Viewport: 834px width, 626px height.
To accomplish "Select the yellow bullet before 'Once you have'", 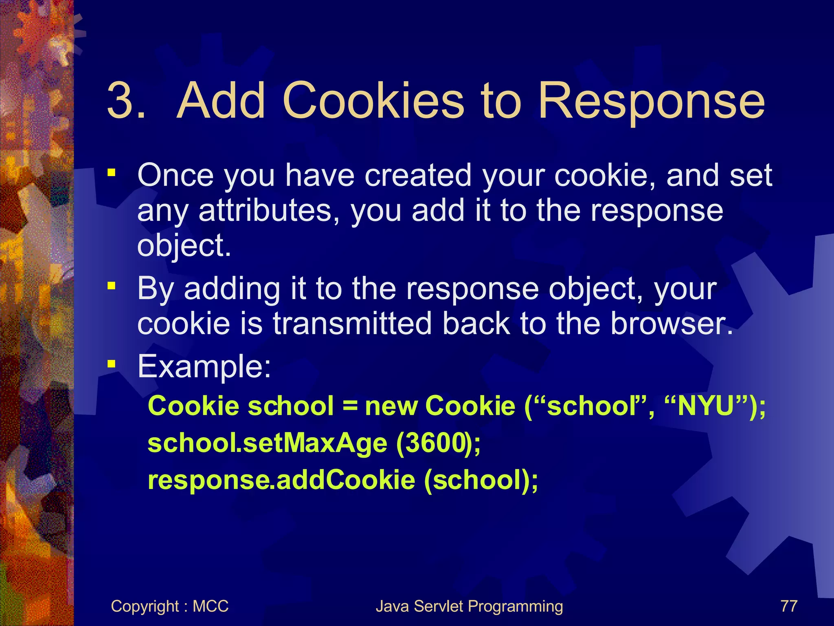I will pyautogui.click(x=111, y=173).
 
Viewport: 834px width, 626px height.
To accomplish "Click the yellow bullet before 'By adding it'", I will pyautogui.click(x=111, y=286).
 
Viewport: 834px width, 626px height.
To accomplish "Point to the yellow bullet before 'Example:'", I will pyautogui.click(x=111, y=364).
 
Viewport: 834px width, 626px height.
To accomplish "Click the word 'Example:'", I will pyautogui.click(x=204, y=367).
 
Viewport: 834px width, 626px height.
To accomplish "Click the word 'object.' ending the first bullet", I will pyautogui.click(x=184, y=246).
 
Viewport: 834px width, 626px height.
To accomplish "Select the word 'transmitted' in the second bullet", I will pyautogui.click(x=352, y=324).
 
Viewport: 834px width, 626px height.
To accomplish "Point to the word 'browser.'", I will pyautogui.click(x=672, y=324).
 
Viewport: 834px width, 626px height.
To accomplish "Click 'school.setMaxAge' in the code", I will pyautogui.click(x=267, y=444).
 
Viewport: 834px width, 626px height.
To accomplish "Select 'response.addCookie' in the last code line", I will pyautogui.click(x=281, y=481).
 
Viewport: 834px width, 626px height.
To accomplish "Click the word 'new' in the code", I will pyautogui.click(x=391, y=407).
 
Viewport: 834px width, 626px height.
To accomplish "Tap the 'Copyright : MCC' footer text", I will pyautogui.click(x=169, y=606).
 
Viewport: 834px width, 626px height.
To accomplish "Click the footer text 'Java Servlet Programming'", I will pyautogui.click(x=469, y=606).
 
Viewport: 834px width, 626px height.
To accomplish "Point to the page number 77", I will pyautogui.click(x=788, y=606).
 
